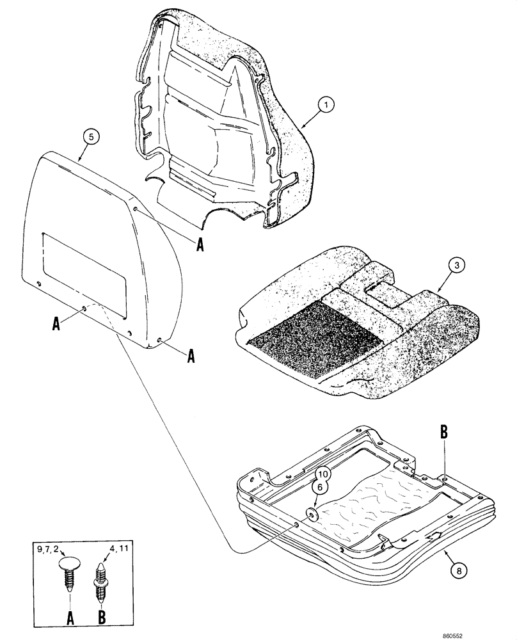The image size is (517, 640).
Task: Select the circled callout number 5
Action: click(91, 137)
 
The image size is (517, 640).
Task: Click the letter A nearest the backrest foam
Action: click(199, 244)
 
